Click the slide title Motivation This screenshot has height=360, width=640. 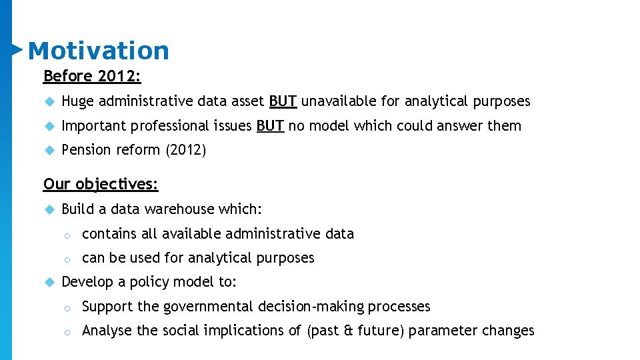[99, 51]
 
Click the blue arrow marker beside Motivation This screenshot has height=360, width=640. [17, 49]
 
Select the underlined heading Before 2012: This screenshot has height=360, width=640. [92, 76]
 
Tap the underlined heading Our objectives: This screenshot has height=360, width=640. [101, 183]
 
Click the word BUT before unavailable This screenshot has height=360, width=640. [283, 101]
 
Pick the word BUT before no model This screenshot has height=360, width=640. [270, 125]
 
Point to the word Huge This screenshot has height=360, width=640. [77, 101]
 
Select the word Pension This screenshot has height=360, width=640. [83, 150]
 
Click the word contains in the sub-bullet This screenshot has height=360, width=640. [109, 234]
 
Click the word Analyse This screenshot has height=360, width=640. [107, 331]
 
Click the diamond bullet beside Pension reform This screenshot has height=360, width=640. [48, 150]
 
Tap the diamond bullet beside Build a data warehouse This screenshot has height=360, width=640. [48, 209]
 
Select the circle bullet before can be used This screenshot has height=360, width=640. [67, 259]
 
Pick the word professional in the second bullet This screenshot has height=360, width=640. [170, 126]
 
